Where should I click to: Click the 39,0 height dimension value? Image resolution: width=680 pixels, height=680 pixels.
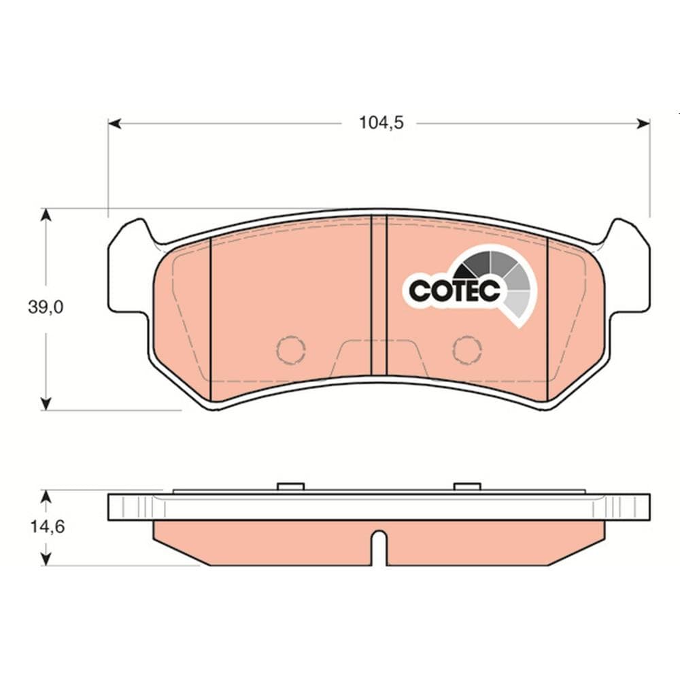[46, 307]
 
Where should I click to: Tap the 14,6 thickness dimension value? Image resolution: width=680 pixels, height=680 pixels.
[46, 527]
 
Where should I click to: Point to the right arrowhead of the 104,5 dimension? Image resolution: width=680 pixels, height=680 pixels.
[643, 123]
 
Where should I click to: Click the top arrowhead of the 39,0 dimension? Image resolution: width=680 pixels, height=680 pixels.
[46, 215]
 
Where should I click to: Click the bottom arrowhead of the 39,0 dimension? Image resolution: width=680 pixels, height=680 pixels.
[46, 404]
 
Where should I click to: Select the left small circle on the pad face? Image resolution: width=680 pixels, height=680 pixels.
[291, 350]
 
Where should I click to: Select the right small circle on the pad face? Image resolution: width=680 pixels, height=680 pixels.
[468, 350]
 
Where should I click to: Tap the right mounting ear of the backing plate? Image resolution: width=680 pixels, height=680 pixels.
[628, 269]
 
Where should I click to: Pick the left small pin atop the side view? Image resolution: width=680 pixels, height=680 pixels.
[291, 486]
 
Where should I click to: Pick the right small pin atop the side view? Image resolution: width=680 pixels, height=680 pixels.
[467, 486]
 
